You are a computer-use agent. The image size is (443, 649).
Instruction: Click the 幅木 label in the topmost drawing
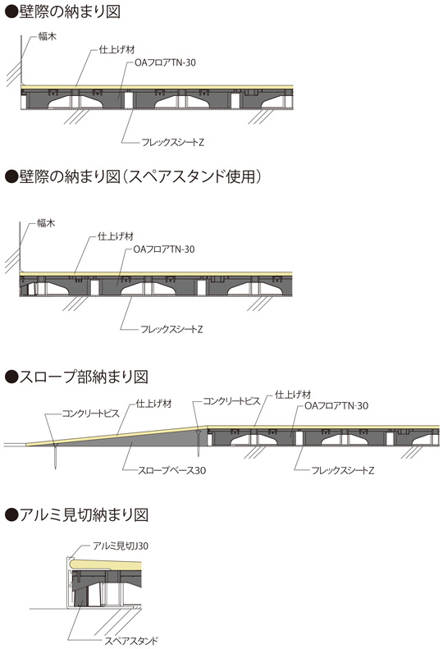48,36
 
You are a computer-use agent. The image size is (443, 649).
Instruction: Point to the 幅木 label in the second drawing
46,223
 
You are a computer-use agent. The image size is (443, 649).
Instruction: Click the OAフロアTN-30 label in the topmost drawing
165,63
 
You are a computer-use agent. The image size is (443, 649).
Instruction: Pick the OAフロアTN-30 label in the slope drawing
336,406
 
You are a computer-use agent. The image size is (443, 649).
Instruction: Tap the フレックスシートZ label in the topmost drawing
172,143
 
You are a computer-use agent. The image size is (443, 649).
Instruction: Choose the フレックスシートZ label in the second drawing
171,330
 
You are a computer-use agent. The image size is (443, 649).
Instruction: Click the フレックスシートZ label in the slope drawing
343,471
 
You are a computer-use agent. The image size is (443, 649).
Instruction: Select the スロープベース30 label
171,471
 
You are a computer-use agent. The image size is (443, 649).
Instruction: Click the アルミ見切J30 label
121,546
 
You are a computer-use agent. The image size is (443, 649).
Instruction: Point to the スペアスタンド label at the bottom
131,641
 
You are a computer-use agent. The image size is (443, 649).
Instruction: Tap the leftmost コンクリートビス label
91,413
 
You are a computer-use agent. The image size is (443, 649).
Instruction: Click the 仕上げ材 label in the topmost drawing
116,50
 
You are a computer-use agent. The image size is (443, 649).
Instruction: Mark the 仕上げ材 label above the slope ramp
153,404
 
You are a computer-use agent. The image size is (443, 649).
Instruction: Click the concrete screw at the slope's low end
55,455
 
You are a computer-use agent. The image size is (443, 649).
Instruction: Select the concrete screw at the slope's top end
199,443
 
